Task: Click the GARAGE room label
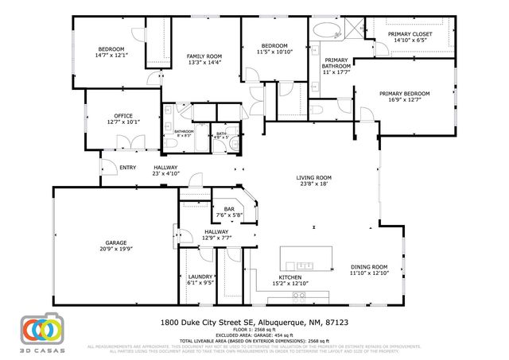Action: point(117,242)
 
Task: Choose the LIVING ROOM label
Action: point(314,177)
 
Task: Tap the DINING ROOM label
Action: point(369,267)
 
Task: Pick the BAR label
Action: point(228,209)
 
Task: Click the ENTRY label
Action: point(127,168)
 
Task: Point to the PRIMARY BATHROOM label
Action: point(336,63)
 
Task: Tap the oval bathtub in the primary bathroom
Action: point(325,32)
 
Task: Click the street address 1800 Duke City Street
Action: point(207,323)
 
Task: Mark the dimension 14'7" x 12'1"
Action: point(111,55)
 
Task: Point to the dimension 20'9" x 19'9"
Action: point(117,249)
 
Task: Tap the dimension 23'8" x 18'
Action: point(314,184)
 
